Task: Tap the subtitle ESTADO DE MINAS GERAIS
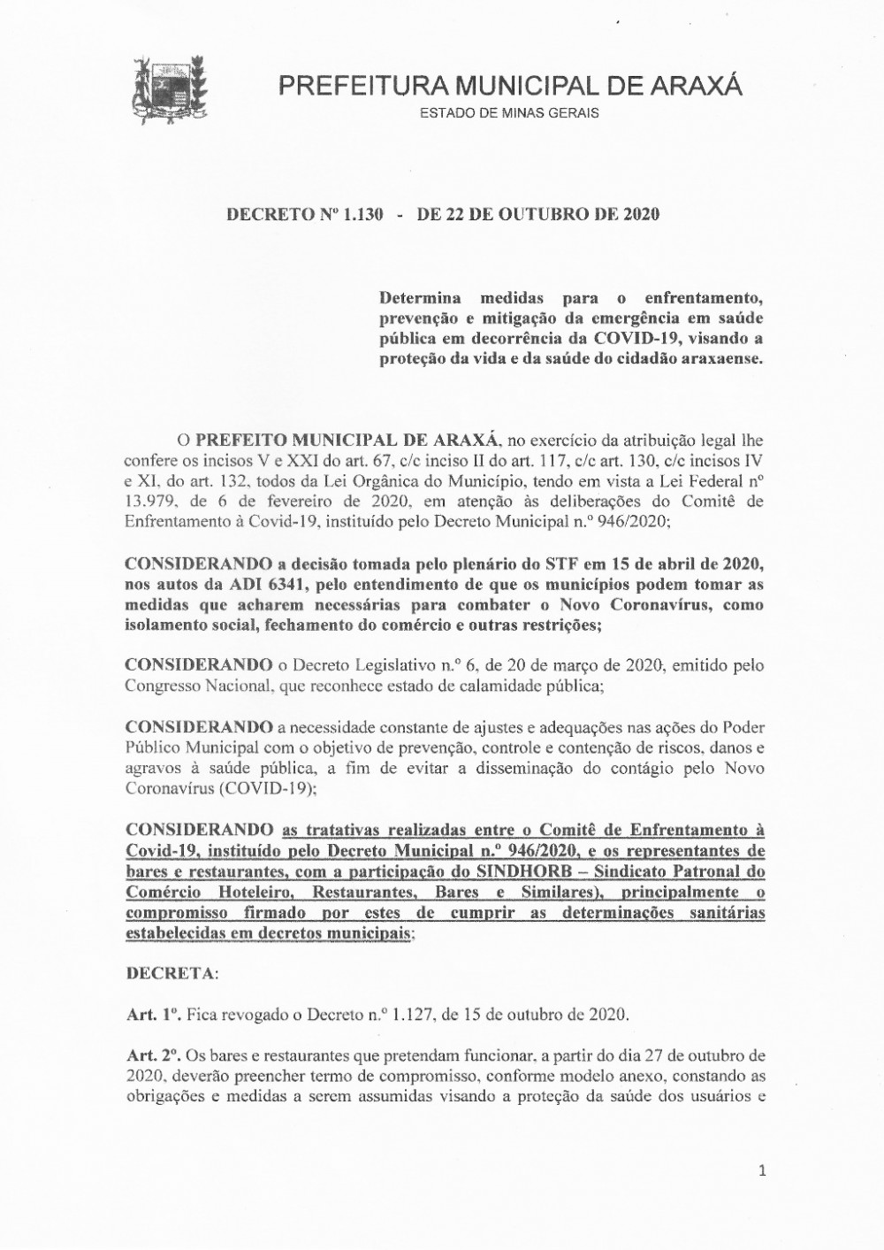pyautogui.click(x=508, y=113)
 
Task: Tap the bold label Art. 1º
pyautogui.click(x=153, y=1015)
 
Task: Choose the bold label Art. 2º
pyautogui.click(x=154, y=1055)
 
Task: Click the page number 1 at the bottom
pyautogui.click(x=762, y=1172)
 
